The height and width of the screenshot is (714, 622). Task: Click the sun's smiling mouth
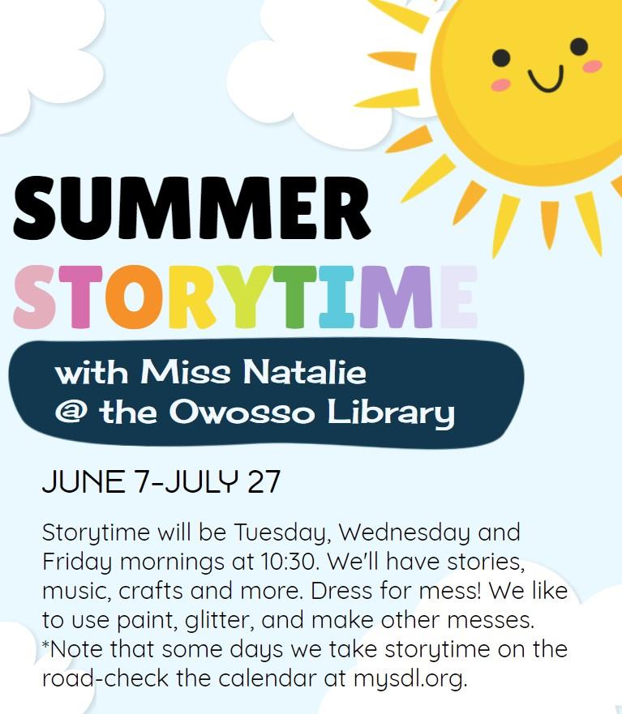tap(545, 79)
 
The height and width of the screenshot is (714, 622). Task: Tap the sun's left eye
tap(502, 58)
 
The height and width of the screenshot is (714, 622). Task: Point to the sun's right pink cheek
tap(592, 66)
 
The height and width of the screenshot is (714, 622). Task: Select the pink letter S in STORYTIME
tap(34, 297)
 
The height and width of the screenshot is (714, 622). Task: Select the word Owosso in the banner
tap(244, 413)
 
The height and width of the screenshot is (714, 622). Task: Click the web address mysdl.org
tap(410, 678)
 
